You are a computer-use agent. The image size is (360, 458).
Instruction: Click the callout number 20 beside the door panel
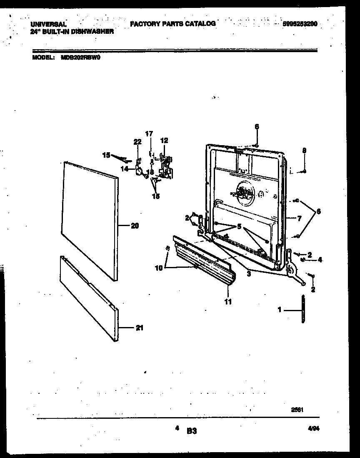[x=135, y=226]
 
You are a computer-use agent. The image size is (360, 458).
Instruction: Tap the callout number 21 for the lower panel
[x=139, y=328]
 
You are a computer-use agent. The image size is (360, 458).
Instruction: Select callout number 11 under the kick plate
[x=228, y=301]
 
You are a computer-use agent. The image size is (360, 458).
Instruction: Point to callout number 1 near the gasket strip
[x=280, y=310]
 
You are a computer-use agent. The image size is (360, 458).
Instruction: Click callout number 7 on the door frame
[x=299, y=218]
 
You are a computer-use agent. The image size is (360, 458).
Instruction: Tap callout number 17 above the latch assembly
[x=149, y=133]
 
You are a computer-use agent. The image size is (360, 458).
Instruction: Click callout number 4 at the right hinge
[x=320, y=260]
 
